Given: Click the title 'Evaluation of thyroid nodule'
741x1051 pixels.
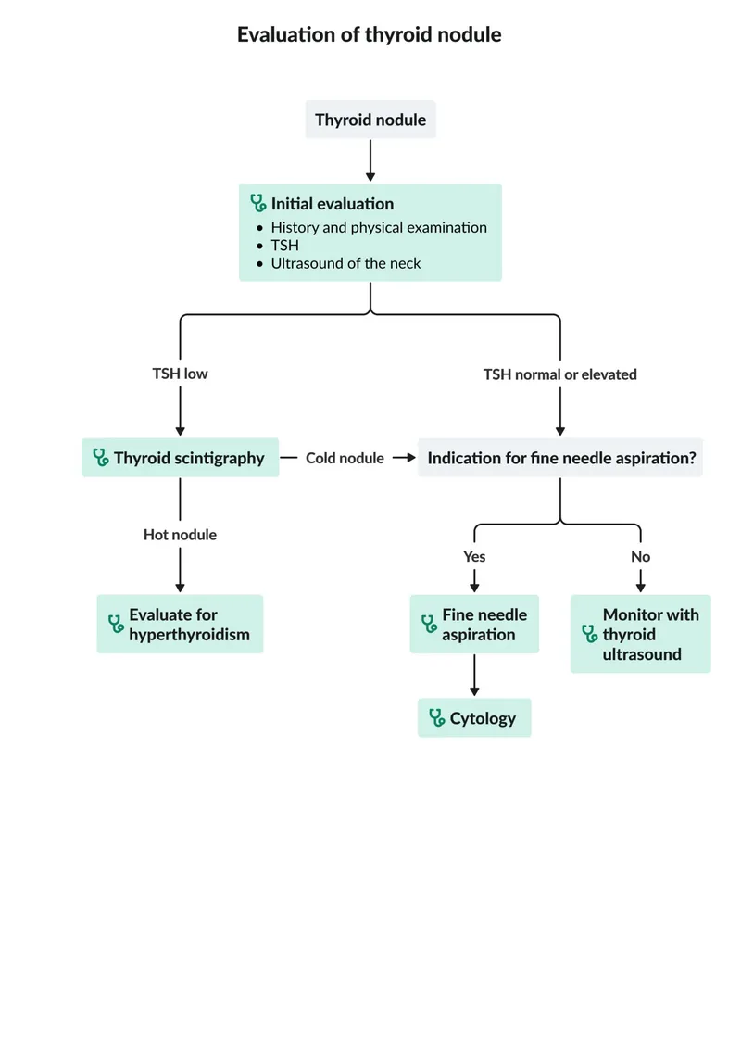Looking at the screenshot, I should point(370,35).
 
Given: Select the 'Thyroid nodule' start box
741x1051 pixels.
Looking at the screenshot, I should point(370,120).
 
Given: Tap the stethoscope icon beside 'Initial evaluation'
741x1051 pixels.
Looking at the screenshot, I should point(257,204).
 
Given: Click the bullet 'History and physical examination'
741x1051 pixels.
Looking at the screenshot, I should point(378,227).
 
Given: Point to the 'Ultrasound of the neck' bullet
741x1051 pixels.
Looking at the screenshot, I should point(345,263).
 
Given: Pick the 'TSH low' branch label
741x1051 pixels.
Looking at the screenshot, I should point(180,374).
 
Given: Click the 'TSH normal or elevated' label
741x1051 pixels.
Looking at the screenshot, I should point(559,374).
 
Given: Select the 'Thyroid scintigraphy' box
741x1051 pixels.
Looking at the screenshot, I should point(180,458).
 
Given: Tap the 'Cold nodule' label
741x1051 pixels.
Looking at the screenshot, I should point(345,458).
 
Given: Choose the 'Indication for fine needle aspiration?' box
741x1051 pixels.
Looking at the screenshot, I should point(560,458).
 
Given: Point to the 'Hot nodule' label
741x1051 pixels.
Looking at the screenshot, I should point(180,535).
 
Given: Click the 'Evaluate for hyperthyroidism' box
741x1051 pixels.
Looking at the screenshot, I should point(180,625).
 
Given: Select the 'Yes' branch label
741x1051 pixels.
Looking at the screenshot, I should point(474,557).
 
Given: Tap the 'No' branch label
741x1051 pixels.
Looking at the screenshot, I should point(640,557).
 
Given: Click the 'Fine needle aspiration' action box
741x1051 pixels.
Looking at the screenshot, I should point(474,625).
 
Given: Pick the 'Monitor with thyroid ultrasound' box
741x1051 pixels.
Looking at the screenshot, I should point(640,634).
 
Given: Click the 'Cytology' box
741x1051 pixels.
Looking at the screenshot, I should point(474,718).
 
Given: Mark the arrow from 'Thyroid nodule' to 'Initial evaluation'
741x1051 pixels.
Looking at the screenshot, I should point(370,160).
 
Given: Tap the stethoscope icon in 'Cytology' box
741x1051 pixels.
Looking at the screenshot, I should point(437,718).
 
